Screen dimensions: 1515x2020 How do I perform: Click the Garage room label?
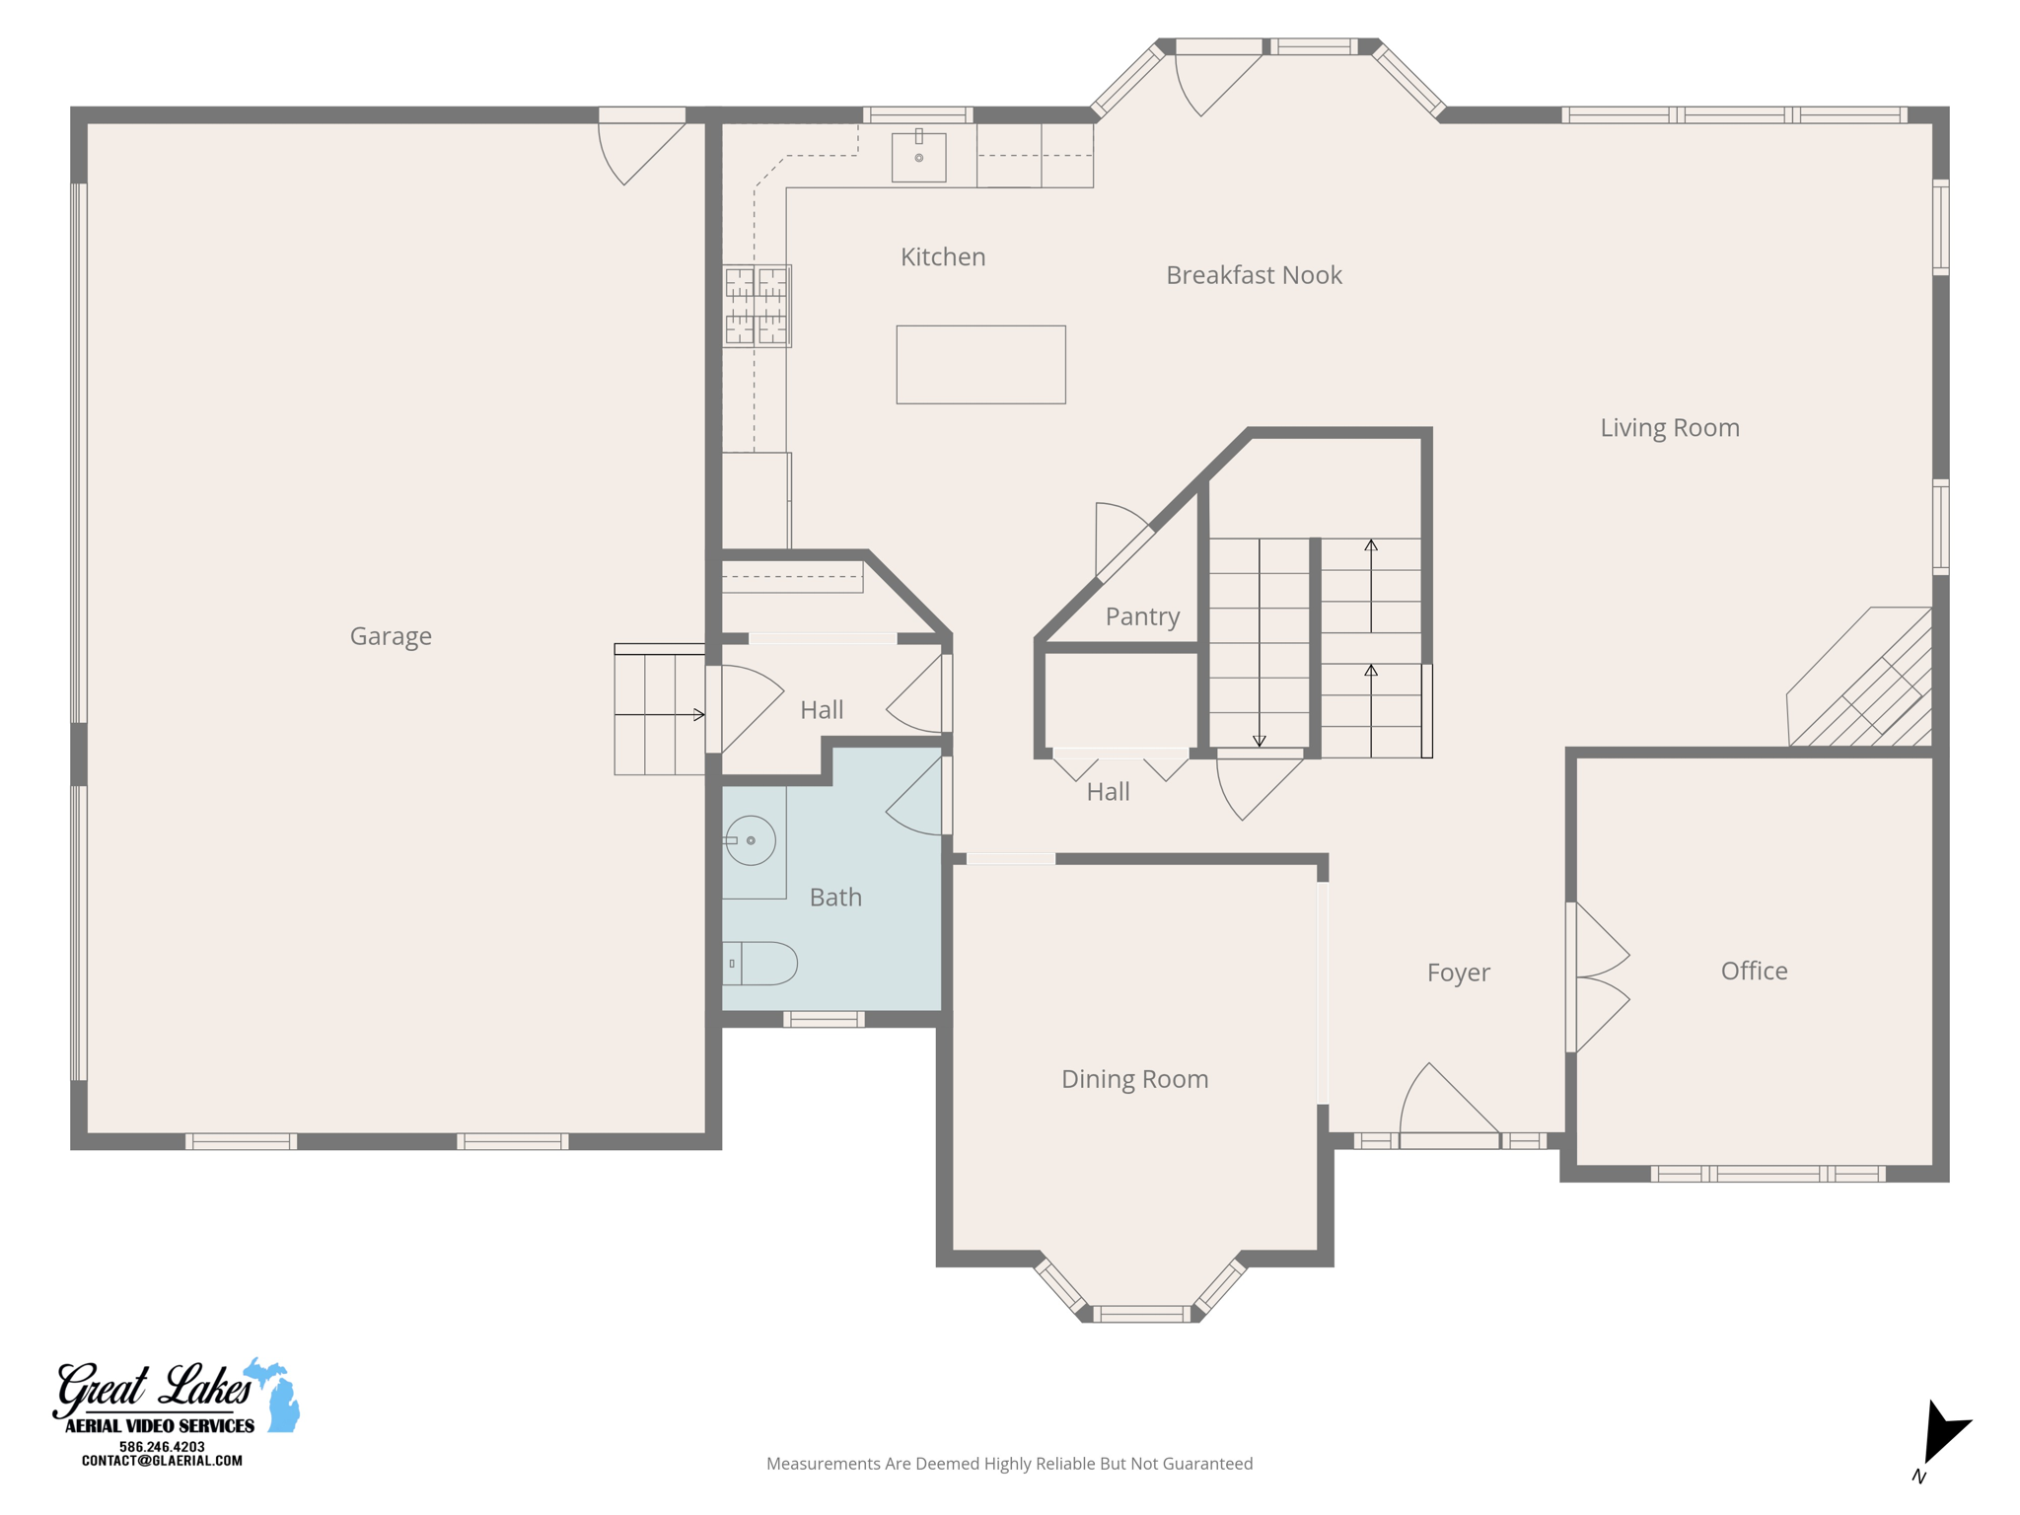tap(391, 636)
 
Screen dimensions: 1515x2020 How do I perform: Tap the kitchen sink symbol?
tap(918, 157)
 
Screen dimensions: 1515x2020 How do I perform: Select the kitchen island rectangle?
tap(980, 365)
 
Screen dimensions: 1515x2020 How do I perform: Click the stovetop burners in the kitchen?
tap(757, 306)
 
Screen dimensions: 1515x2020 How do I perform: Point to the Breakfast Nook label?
tap(1253, 275)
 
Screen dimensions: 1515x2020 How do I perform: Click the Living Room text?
tap(1669, 428)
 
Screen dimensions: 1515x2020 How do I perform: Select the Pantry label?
tap(1142, 616)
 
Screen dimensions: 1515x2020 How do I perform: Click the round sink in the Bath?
tap(751, 840)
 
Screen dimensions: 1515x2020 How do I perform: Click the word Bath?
tap(835, 898)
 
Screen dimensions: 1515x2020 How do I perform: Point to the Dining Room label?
tap(1134, 1079)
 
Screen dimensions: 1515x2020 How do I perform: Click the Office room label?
tap(1754, 971)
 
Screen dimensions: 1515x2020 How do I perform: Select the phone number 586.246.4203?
tap(162, 1446)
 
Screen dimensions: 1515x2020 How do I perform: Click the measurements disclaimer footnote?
tap(1009, 1464)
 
